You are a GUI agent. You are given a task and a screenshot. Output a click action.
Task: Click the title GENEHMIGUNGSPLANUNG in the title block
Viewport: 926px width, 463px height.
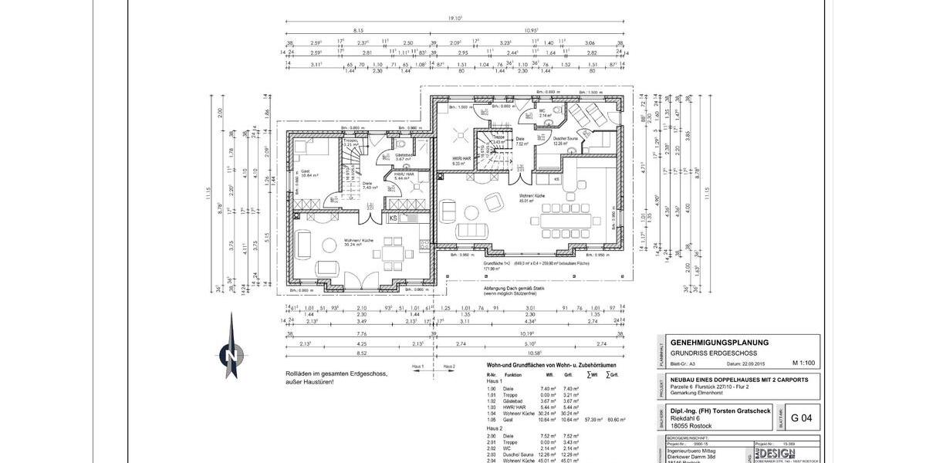pyautogui.click(x=718, y=342)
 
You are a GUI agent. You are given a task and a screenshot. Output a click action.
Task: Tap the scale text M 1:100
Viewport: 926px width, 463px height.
pyautogui.click(x=805, y=362)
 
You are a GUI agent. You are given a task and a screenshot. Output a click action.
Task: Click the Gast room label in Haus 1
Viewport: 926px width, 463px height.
pyautogui.click(x=305, y=171)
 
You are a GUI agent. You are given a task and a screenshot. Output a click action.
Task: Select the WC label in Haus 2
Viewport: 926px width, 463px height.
pyautogui.click(x=542, y=110)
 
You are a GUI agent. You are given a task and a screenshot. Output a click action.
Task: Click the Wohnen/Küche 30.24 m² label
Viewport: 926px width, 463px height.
pyautogui.click(x=358, y=241)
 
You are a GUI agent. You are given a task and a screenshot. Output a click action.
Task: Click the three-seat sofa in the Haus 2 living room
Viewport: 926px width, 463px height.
pyautogui.click(x=472, y=231)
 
